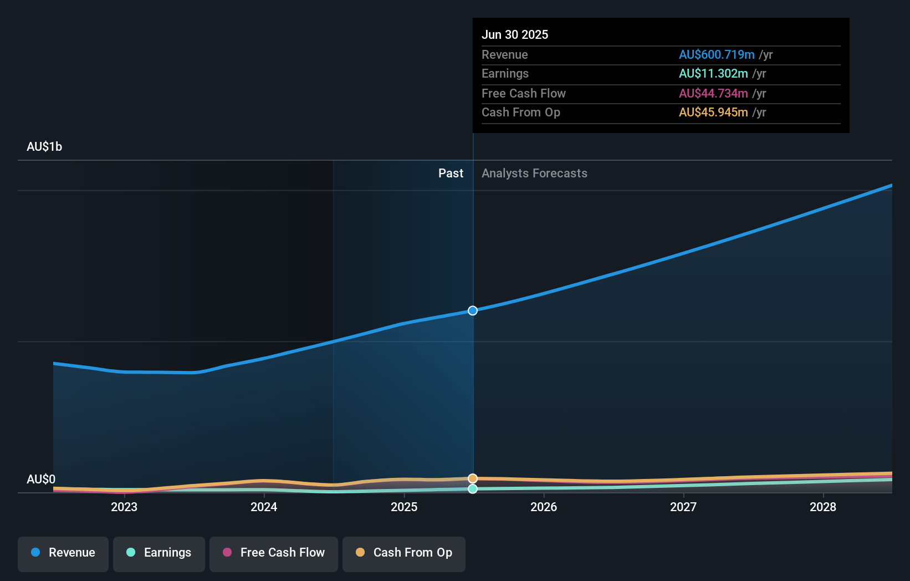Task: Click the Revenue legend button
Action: [x=63, y=553]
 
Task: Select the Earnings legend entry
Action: [x=159, y=553]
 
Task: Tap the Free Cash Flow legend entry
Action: [x=274, y=553]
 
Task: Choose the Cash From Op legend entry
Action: [x=404, y=553]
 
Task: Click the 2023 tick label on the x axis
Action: [x=124, y=507]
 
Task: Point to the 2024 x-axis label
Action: [x=264, y=507]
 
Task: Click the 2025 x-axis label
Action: [x=404, y=507]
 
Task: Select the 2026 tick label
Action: [x=544, y=507]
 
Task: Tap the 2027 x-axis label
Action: [x=683, y=507]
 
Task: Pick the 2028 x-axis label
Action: [x=823, y=507]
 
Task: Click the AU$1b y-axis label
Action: [x=44, y=147]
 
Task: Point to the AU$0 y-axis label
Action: [x=41, y=479]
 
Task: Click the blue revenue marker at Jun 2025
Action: [x=473, y=310]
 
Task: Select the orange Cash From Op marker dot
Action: [x=473, y=478]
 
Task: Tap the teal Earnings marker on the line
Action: [x=473, y=489]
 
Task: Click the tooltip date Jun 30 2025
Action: [x=515, y=34]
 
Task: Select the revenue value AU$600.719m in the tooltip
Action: [x=717, y=54]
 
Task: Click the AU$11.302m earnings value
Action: [x=713, y=74]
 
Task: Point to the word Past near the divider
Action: [x=451, y=173]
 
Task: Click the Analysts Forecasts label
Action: [x=534, y=173]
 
